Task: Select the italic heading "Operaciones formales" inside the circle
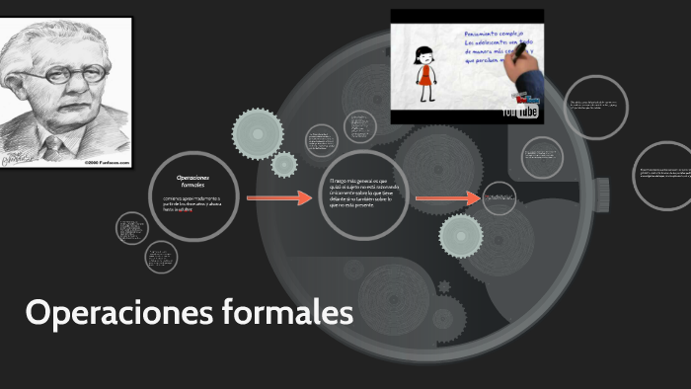point(192,181)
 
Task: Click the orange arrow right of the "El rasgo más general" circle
point(446,199)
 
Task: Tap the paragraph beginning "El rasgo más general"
point(365,196)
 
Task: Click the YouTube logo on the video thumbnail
point(519,112)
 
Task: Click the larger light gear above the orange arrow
point(259,133)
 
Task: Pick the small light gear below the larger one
point(284,164)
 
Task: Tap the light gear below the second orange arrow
point(460,236)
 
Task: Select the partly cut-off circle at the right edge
point(665,176)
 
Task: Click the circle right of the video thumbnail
point(596,106)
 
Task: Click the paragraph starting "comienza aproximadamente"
point(192,204)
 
